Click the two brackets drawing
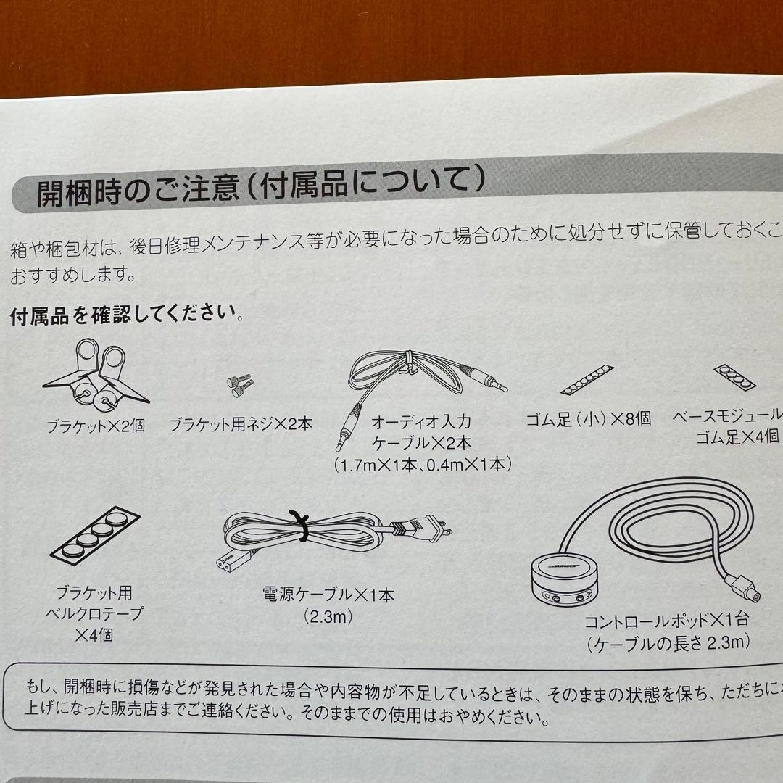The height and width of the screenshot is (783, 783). point(96,374)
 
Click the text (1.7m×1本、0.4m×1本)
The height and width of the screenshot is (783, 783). point(423,464)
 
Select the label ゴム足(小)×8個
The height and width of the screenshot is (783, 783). point(588,418)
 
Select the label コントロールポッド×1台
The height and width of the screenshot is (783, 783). point(666,621)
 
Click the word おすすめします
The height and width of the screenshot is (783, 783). point(72,275)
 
